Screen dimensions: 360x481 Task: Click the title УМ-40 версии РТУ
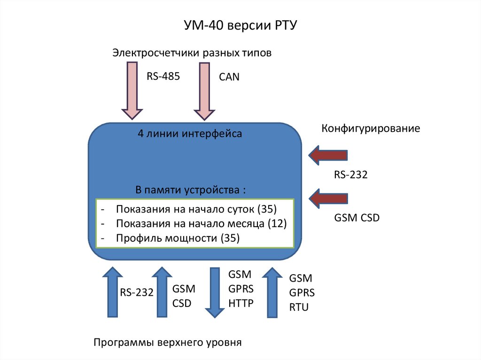(x=240, y=25)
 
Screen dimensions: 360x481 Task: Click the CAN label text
(x=229, y=77)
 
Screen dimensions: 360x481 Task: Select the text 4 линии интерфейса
(x=190, y=134)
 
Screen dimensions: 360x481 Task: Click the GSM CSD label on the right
(x=357, y=218)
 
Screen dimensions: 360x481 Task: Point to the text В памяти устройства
(x=191, y=190)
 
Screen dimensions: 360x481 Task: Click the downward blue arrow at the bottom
(x=215, y=291)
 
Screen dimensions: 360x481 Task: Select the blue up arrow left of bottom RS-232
(x=111, y=291)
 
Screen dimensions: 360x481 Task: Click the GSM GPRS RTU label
(x=302, y=293)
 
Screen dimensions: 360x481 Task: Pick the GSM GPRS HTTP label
(x=240, y=289)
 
